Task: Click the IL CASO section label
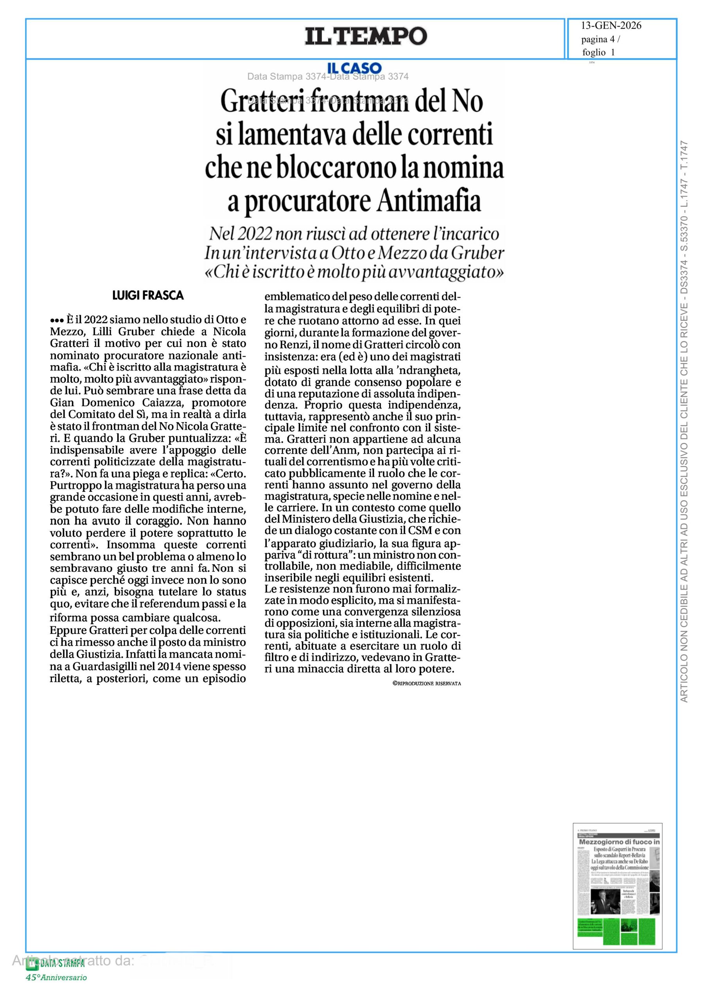(355, 68)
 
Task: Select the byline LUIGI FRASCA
(148, 296)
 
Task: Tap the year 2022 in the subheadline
(253, 234)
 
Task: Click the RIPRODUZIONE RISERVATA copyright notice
(426, 683)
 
